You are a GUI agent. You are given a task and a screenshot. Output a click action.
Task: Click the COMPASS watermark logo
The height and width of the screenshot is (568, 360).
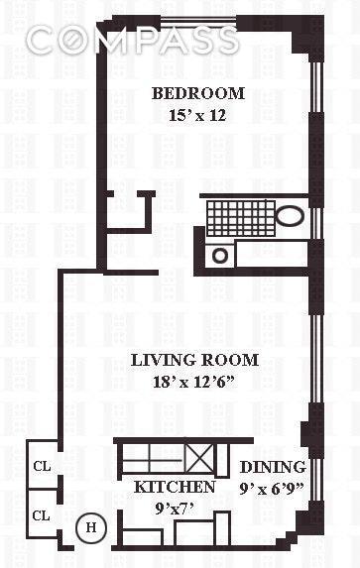pyautogui.click(x=132, y=41)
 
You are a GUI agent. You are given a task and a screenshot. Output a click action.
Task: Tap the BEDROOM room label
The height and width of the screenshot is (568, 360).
pyautogui.click(x=197, y=94)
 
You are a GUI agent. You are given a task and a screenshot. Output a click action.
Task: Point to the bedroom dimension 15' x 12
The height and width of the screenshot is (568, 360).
pyautogui.click(x=197, y=115)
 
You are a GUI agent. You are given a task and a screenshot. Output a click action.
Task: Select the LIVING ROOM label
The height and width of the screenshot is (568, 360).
pyautogui.click(x=194, y=360)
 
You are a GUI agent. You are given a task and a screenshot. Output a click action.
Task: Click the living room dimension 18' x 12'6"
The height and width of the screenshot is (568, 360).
pyautogui.click(x=194, y=381)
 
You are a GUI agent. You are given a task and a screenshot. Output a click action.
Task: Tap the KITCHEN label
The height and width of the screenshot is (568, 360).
pyautogui.click(x=175, y=488)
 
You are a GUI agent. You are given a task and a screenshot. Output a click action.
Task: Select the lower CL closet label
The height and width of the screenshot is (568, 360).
pyautogui.click(x=42, y=515)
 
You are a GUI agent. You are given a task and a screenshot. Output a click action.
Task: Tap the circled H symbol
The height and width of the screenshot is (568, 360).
pyautogui.click(x=90, y=527)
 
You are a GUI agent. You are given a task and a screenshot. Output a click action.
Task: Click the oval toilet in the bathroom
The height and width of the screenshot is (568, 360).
pyautogui.click(x=292, y=216)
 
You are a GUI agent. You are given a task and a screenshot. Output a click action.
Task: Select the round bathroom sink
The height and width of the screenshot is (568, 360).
pyautogui.click(x=220, y=255)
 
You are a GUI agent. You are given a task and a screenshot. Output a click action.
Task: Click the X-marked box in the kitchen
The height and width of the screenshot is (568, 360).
pyautogui.click(x=199, y=460)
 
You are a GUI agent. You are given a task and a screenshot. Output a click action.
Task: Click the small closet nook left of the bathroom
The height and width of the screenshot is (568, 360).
pyautogui.click(x=128, y=210)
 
